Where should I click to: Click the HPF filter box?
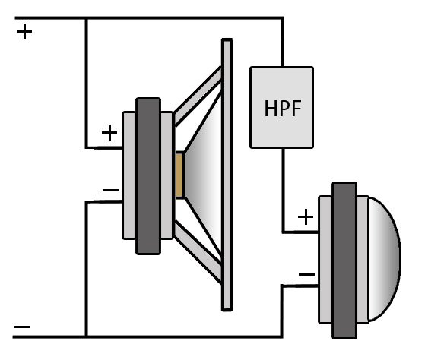point(281,107)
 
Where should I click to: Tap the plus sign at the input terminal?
point(24,32)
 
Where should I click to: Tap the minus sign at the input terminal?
point(22,327)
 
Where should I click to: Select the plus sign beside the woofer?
point(109,133)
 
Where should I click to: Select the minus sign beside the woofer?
point(110,190)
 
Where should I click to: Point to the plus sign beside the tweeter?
point(306,217)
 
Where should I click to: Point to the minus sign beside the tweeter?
point(307,274)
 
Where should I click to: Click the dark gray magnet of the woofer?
point(148,176)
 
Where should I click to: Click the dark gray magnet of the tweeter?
point(344,261)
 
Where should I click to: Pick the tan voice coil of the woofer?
point(179,175)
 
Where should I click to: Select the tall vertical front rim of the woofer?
point(227,175)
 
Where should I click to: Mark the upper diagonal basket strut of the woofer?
point(198,96)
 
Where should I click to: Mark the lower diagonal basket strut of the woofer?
point(198,252)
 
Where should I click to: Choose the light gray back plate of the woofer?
point(128,175)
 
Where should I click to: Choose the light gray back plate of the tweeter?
point(325,260)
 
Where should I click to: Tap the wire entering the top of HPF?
point(282,43)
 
